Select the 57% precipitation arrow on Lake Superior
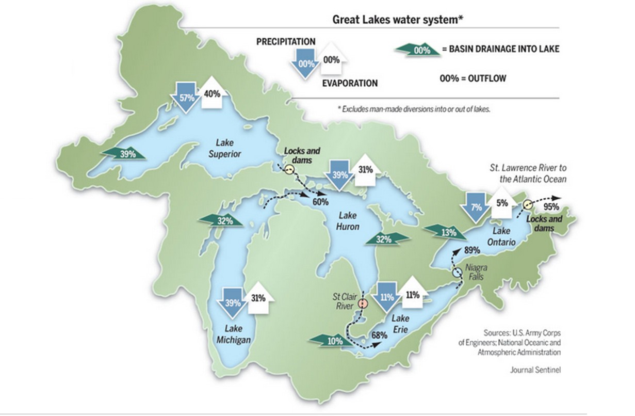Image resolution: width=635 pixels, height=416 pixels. click(x=187, y=97)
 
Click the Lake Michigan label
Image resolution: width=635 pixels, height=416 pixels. click(x=237, y=334)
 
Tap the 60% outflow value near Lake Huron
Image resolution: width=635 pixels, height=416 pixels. click(x=320, y=201)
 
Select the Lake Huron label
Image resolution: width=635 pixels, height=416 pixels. click(x=348, y=221)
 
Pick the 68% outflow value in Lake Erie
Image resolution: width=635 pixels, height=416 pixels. click(x=379, y=335)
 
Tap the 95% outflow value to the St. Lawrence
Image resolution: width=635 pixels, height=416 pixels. click(x=551, y=207)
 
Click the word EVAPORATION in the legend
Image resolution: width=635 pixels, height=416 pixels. click(x=350, y=83)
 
